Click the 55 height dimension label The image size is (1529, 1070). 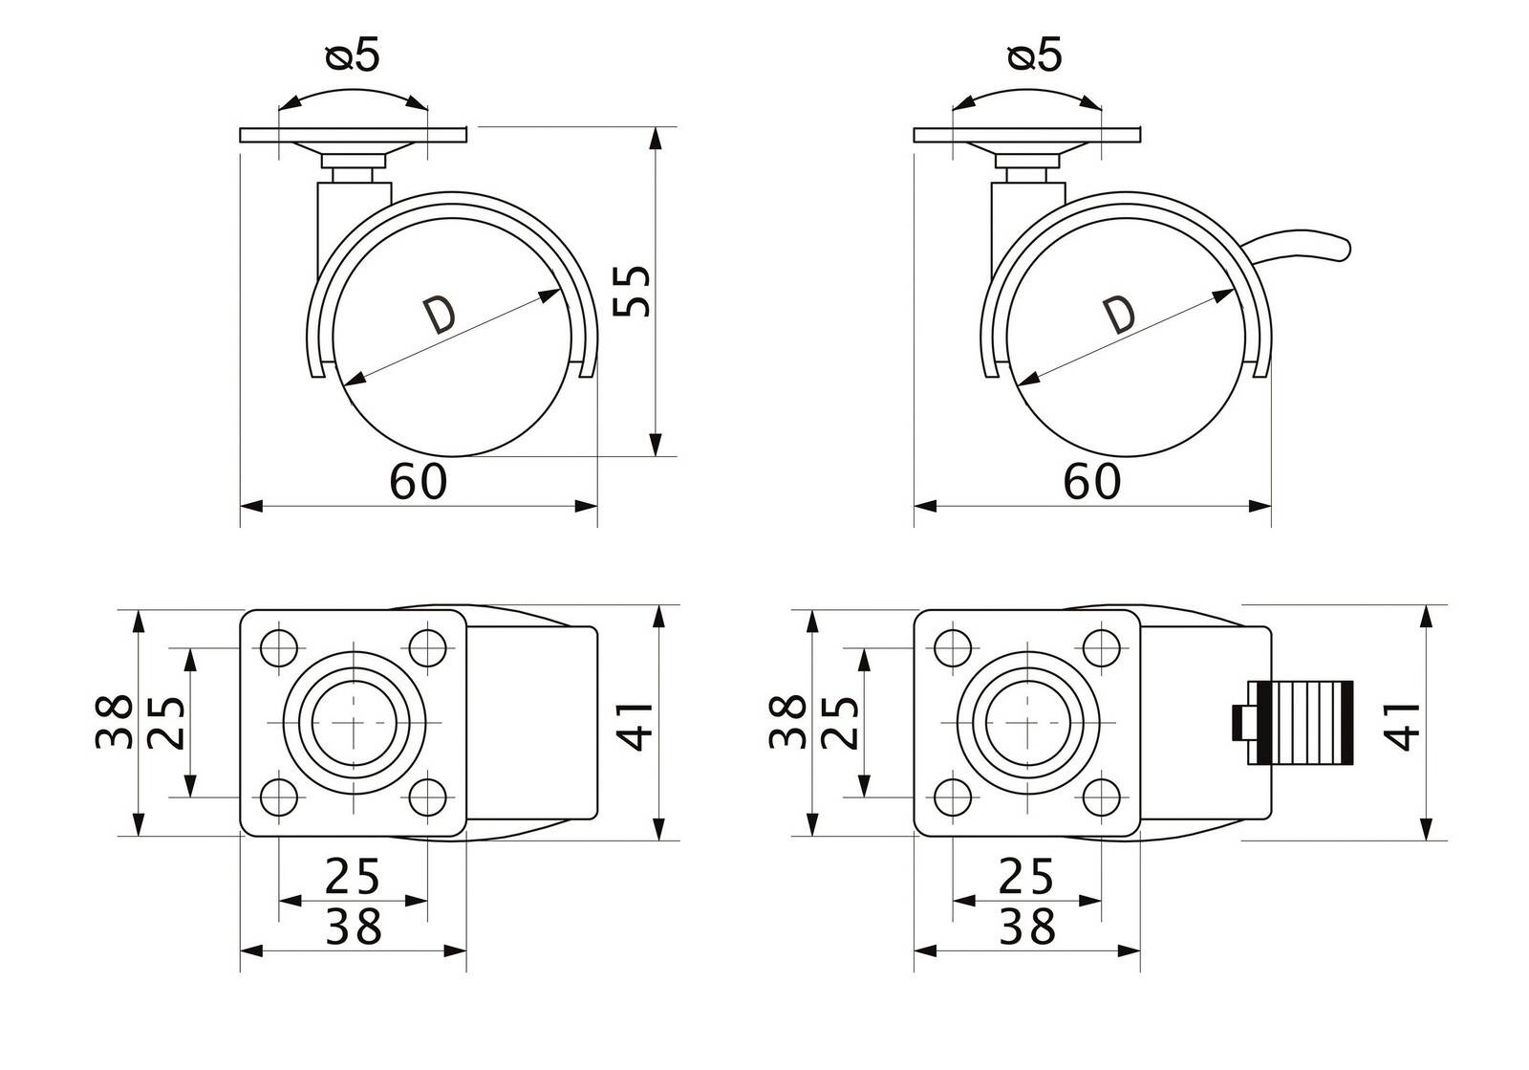pos(632,291)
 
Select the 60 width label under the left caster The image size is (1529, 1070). pos(418,481)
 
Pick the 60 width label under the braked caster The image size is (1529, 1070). pos(1092,481)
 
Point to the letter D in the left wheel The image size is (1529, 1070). pos(439,315)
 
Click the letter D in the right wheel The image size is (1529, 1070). pos(1120,315)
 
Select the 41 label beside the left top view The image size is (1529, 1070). pos(635,726)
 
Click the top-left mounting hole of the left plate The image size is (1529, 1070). pos(279,647)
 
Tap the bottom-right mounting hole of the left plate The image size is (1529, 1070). pos(428,797)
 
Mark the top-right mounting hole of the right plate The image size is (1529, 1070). pos(1102,647)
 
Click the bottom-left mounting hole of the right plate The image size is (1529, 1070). pos(953,797)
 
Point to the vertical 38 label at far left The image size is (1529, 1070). pos(114,722)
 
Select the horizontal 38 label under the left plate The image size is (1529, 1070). pos(353,927)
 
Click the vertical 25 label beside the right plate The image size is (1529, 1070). pos(840,723)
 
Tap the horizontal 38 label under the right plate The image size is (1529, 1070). pos(1026,927)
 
